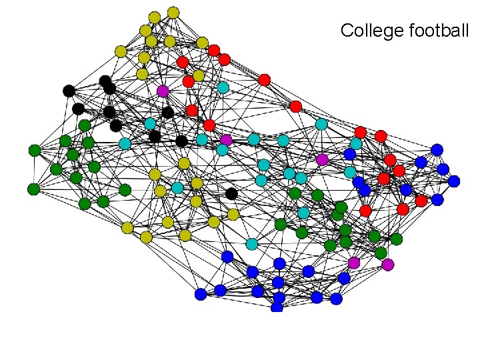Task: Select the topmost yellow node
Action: click(173, 12)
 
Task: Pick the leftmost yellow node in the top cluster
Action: click(121, 51)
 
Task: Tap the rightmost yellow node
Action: click(233, 214)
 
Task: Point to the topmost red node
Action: click(213, 50)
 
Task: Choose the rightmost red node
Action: click(421, 201)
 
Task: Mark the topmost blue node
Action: click(437, 150)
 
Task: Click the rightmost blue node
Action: click(454, 181)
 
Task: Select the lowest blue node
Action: click(277, 307)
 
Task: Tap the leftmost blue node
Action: click(201, 294)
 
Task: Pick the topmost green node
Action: click(84, 125)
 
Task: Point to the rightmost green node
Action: click(397, 239)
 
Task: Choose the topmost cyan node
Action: click(223, 87)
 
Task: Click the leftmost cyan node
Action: click(125, 143)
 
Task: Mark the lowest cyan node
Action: click(251, 244)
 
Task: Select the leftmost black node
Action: click(68, 91)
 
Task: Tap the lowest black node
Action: click(231, 193)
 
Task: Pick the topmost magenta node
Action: click(163, 91)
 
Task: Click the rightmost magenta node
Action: click(388, 265)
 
